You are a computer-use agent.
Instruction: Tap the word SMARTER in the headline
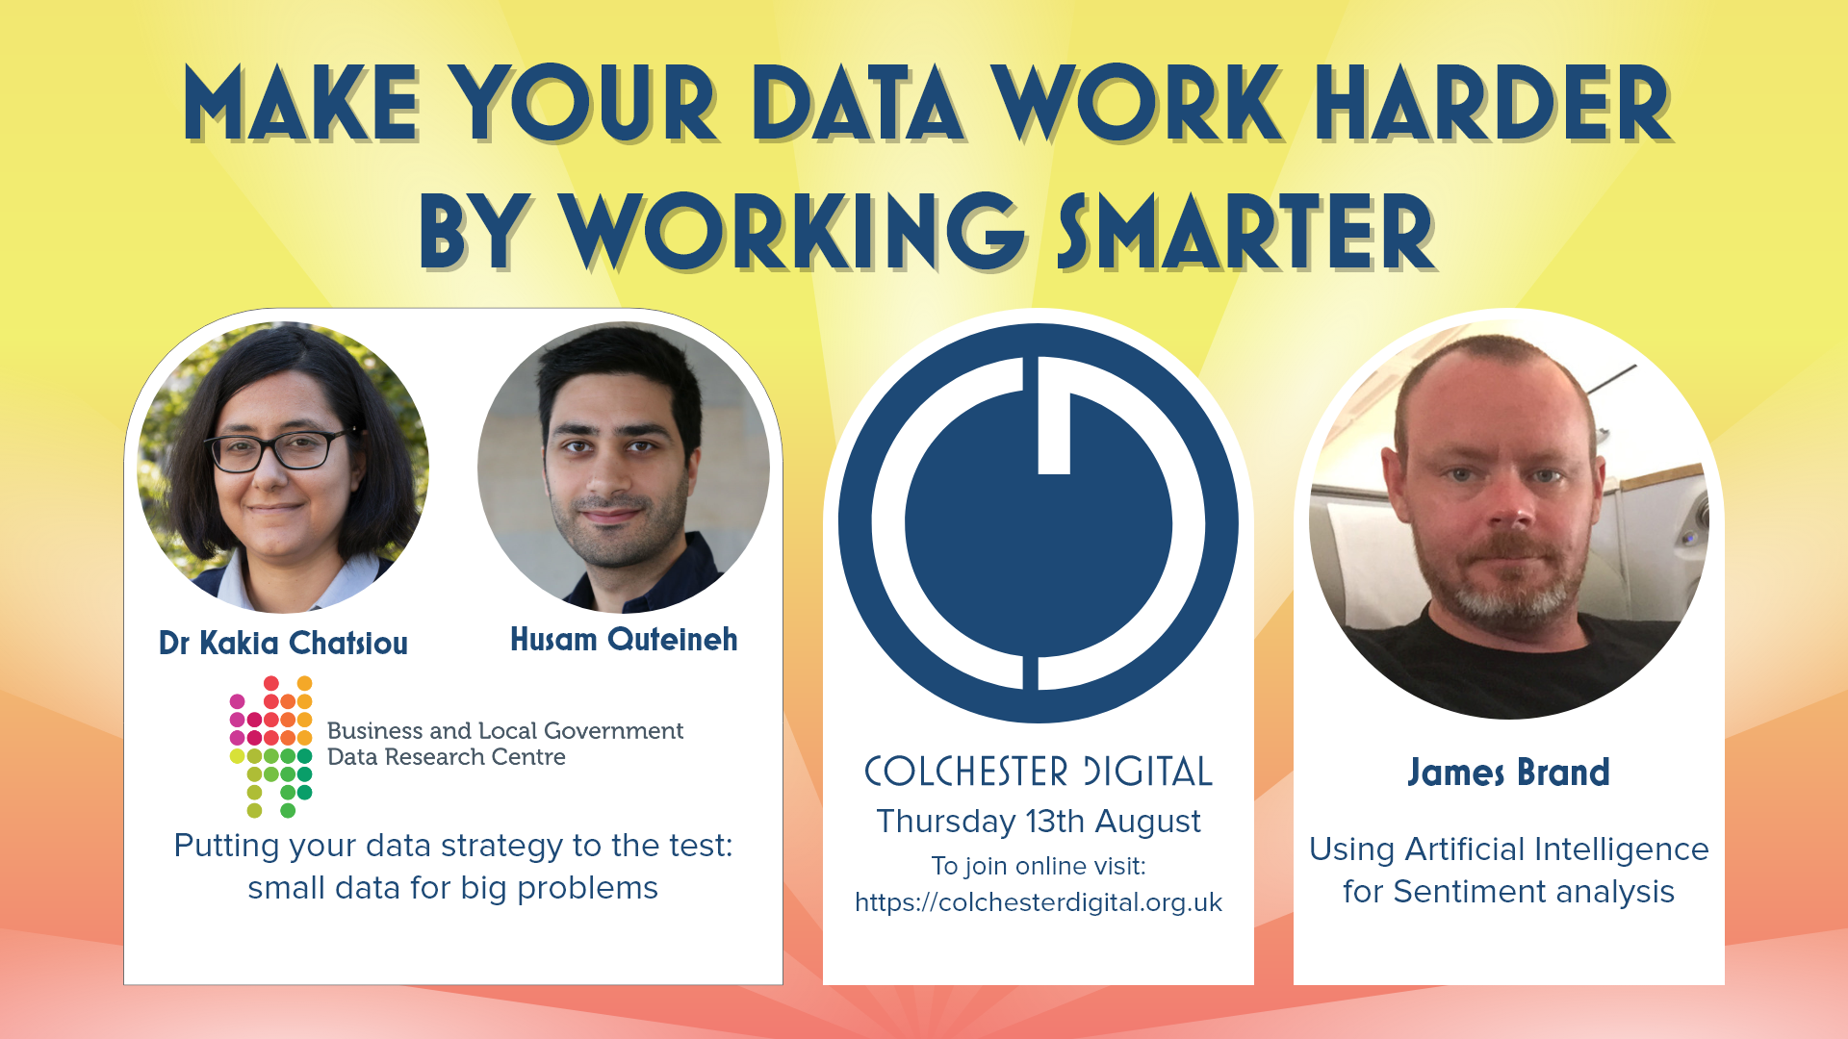coord(1246,231)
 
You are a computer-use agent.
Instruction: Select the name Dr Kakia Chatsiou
coord(283,643)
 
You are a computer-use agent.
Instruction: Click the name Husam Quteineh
coord(624,639)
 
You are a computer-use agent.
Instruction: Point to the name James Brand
coord(1508,773)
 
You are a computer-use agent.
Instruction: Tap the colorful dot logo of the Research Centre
coord(271,747)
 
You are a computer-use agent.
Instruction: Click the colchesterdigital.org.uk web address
coord(1039,902)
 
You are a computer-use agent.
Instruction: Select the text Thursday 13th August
coord(1039,822)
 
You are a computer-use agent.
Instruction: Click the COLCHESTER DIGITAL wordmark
coord(1039,772)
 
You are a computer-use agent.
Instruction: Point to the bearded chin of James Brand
coord(1511,601)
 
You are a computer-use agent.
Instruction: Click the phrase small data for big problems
coord(452,888)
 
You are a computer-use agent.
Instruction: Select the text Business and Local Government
coord(505,731)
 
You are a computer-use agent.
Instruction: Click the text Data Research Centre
coord(447,757)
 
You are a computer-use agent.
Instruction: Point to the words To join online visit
coord(1039,866)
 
